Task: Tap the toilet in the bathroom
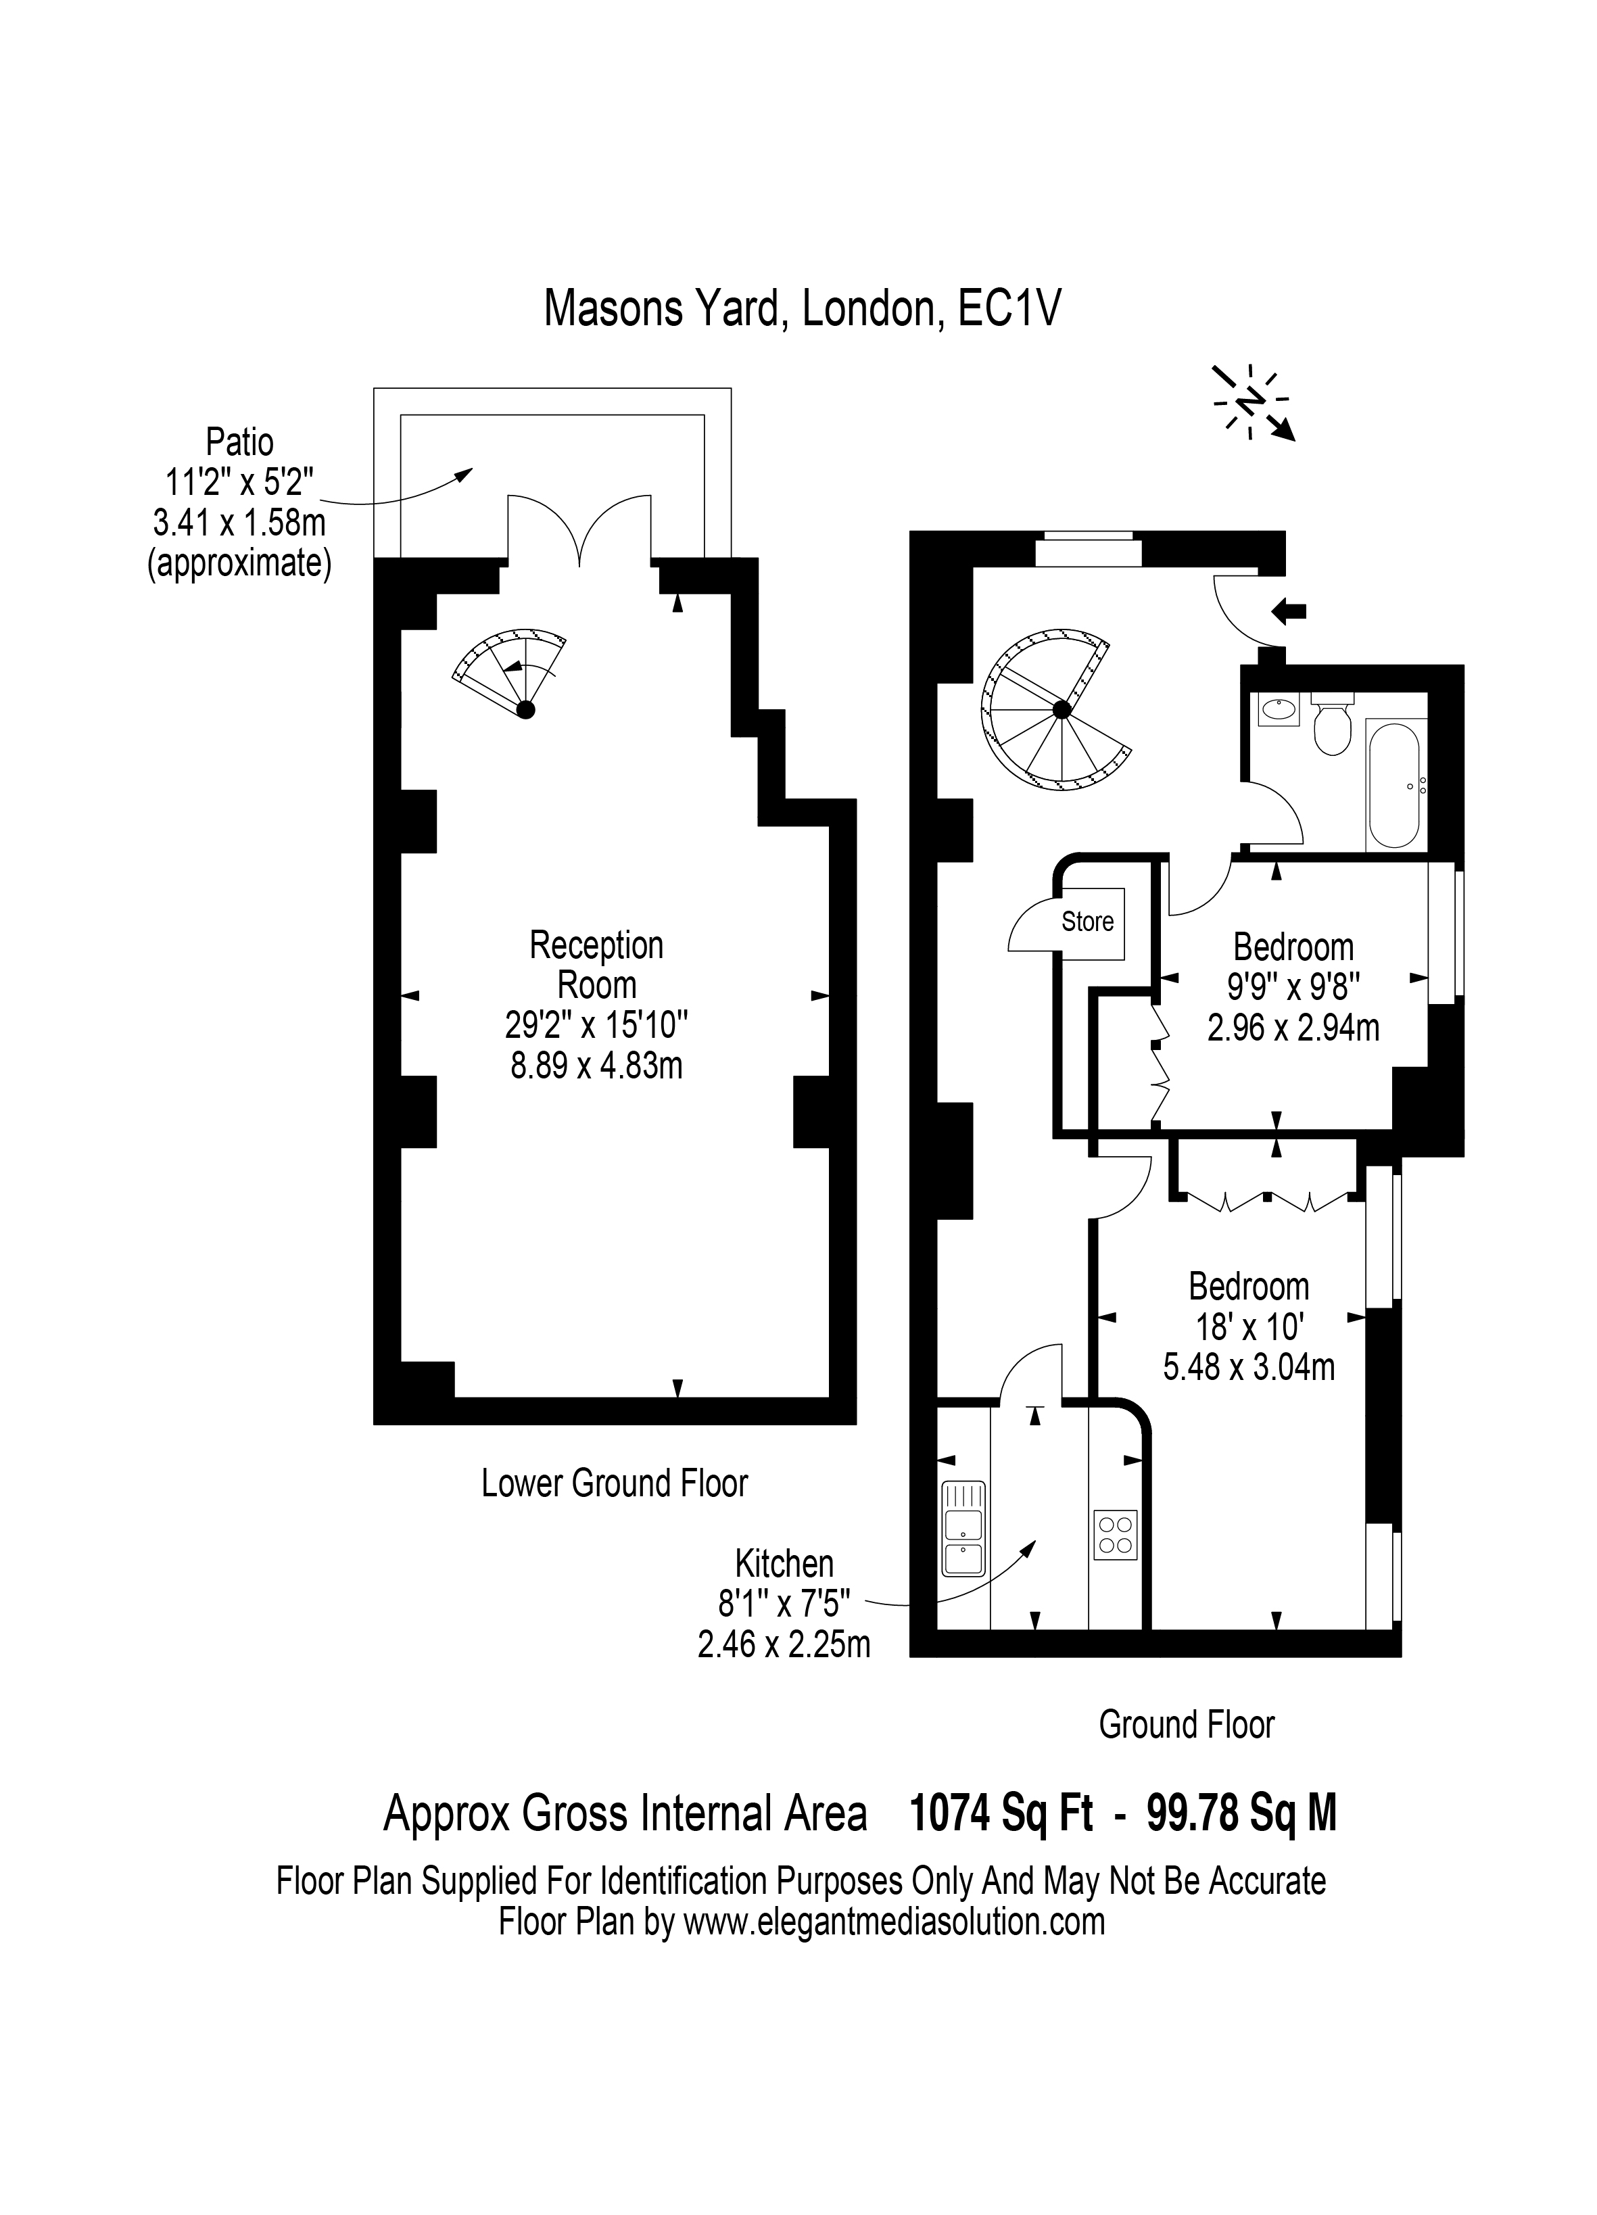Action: click(1331, 723)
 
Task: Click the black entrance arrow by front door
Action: click(1289, 611)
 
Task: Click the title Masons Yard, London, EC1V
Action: click(802, 308)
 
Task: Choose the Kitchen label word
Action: click(784, 1564)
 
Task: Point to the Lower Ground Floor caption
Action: click(615, 1483)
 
